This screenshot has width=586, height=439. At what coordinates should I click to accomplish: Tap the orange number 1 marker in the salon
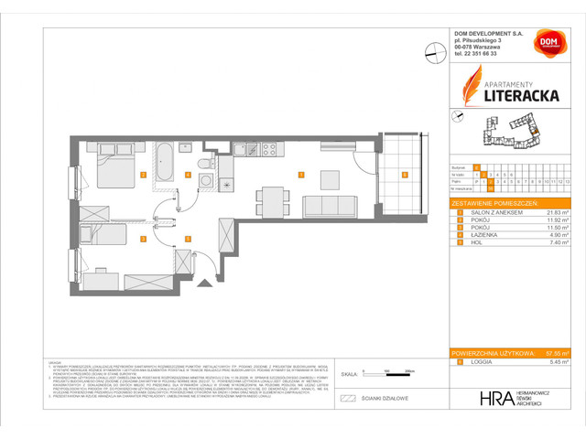click(x=301, y=173)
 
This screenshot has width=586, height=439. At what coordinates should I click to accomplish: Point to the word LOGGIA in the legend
click(x=479, y=362)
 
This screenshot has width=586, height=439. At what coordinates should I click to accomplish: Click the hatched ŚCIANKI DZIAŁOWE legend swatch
click(x=347, y=398)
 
